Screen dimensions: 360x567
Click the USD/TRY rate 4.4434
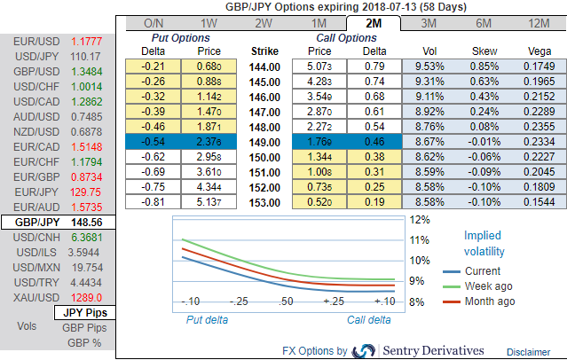(x=86, y=281)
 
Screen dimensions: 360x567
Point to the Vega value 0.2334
(x=537, y=140)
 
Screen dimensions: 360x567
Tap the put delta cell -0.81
(x=157, y=202)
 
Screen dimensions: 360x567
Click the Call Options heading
(x=346, y=38)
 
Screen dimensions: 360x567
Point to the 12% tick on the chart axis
(x=419, y=218)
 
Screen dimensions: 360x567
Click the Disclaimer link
(x=528, y=352)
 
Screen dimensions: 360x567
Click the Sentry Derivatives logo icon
(x=364, y=351)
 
